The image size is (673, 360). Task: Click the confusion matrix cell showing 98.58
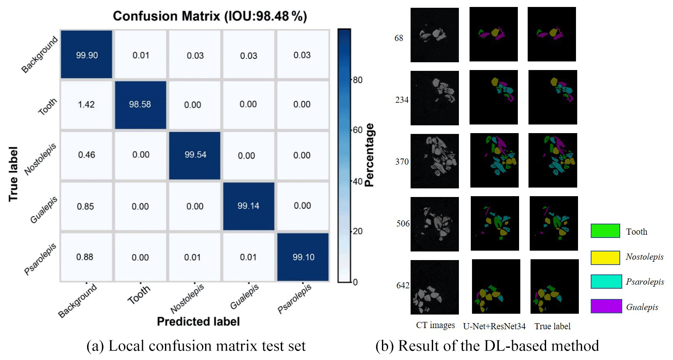[140, 104]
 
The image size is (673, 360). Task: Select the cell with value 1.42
[86, 104]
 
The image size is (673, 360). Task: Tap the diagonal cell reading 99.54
[195, 155]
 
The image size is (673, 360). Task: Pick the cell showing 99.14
[248, 206]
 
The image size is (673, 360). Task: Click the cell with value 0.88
[85, 257]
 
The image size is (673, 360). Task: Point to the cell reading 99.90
[87, 55]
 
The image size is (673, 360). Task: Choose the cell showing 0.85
[86, 206]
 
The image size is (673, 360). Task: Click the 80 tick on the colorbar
[357, 80]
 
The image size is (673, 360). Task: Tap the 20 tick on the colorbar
[357, 231]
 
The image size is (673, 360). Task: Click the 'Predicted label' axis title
[198, 322]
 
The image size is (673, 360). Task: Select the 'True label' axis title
[13, 174]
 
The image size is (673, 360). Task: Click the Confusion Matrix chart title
[210, 16]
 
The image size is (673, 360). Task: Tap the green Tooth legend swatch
[605, 231]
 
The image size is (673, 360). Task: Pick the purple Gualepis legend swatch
[606, 306]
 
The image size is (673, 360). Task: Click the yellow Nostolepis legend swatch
[605, 257]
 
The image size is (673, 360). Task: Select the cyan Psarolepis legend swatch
[606, 281]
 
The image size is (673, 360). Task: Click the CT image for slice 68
[434, 35]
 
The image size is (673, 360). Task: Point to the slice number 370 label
[402, 162]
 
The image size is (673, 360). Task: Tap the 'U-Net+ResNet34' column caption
[494, 326]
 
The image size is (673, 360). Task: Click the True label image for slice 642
[554, 286]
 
